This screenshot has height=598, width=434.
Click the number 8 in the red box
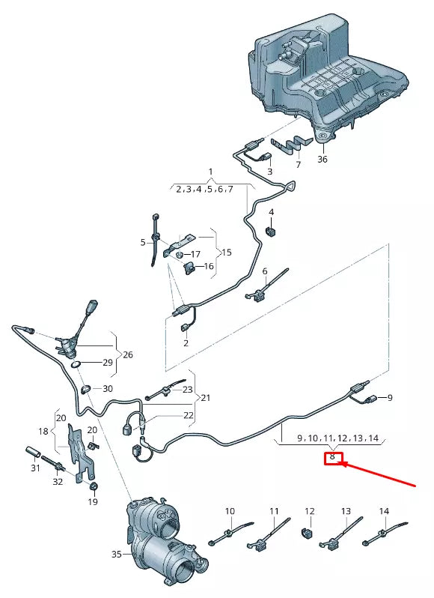click(332, 456)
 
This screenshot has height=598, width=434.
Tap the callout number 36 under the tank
click(322, 159)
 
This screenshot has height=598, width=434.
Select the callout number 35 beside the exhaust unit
click(117, 554)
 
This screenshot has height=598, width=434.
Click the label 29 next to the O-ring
click(108, 362)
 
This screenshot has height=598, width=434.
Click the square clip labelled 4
click(270, 231)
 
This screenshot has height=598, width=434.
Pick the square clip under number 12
click(307, 533)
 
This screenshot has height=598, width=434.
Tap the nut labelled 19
click(93, 486)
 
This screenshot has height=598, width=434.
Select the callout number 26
click(128, 354)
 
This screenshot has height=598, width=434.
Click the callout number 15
click(227, 253)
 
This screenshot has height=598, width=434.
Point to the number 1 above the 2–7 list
click(210, 172)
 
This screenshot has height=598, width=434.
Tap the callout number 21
click(206, 398)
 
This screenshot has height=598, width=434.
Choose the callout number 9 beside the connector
click(389, 398)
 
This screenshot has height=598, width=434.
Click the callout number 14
click(384, 510)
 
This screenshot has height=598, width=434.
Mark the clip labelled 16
click(189, 268)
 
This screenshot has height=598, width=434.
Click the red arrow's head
click(340, 464)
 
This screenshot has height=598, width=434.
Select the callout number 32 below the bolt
click(58, 482)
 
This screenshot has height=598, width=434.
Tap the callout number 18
click(43, 431)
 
